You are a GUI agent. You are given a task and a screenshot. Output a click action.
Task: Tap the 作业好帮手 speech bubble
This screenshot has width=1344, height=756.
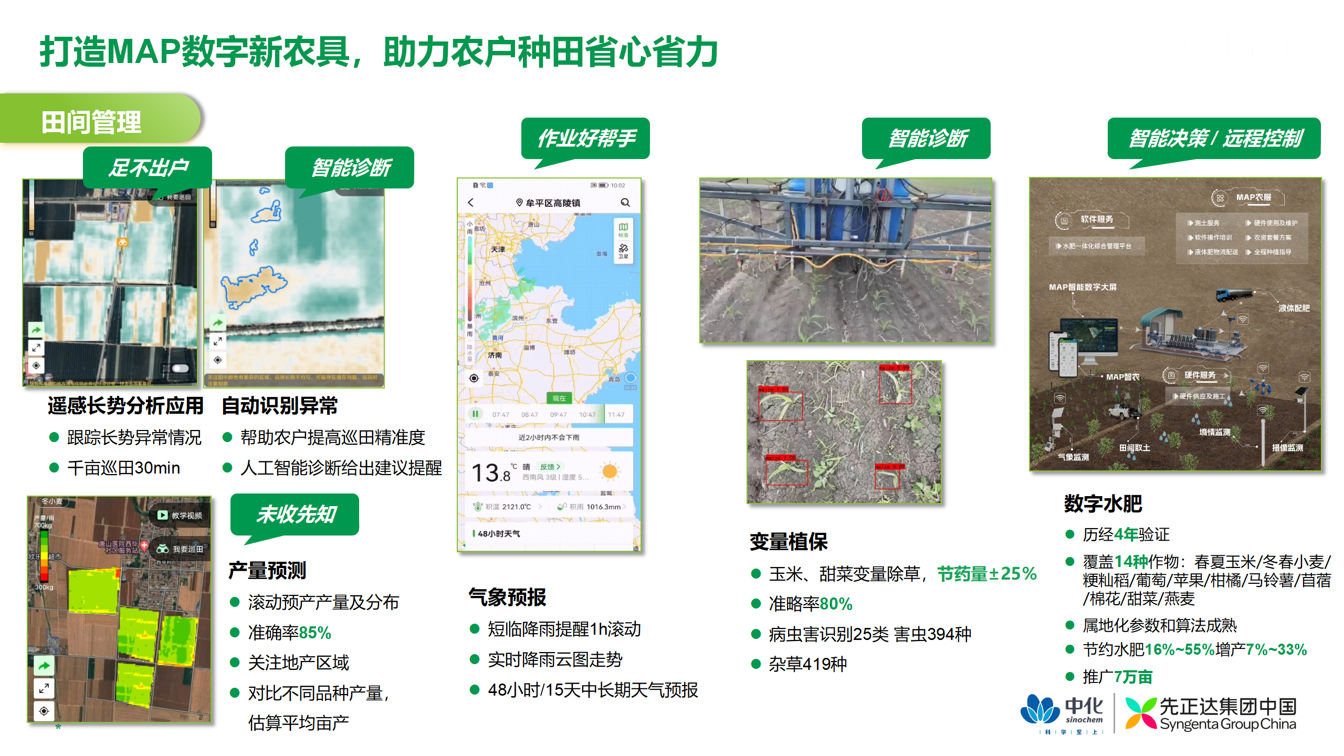pyautogui.click(x=586, y=139)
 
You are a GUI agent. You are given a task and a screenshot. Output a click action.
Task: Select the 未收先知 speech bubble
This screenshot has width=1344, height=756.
pyautogui.click(x=296, y=514)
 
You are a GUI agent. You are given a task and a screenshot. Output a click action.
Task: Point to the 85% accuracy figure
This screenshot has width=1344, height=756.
pyautogui.click(x=315, y=633)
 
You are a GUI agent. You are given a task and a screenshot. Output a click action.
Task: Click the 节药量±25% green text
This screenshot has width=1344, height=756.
pyautogui.click(x=987, y=574)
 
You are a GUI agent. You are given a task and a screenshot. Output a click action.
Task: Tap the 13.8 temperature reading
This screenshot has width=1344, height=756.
pyautogui.click(x=491, y=472)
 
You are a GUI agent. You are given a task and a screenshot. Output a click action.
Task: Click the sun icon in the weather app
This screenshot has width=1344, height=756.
pyautogui.click(x=610, y=471)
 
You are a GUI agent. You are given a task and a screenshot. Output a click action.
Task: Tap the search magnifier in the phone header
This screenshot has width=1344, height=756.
pyautogui.click(x=625, y=203)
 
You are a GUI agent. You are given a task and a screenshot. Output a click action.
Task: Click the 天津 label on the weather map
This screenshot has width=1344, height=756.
pyautogui.click(x=498, y=249)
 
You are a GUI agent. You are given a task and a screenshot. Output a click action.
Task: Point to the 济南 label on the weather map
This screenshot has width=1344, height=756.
pyautogui.click(x=495, y=355)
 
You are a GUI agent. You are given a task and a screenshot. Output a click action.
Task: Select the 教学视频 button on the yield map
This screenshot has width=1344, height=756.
pyautogui.click(x=180, y=516)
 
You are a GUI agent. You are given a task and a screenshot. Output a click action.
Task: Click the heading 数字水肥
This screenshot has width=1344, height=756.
pyautogui.click(x=1103, y=503)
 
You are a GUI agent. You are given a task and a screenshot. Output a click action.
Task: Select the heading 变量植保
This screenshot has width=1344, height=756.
pyautogui.click(x=789, y=542)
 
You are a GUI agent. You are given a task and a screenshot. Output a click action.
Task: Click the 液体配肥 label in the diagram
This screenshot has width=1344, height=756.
pyautogui.click(x=1294, y=308)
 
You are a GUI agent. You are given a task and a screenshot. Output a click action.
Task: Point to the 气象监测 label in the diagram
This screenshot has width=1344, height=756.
pyautogui.click(x=1073, y=457)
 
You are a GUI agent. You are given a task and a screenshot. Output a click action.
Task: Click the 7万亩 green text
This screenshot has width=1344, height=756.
pyautogui.click(x=1133, y=677)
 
